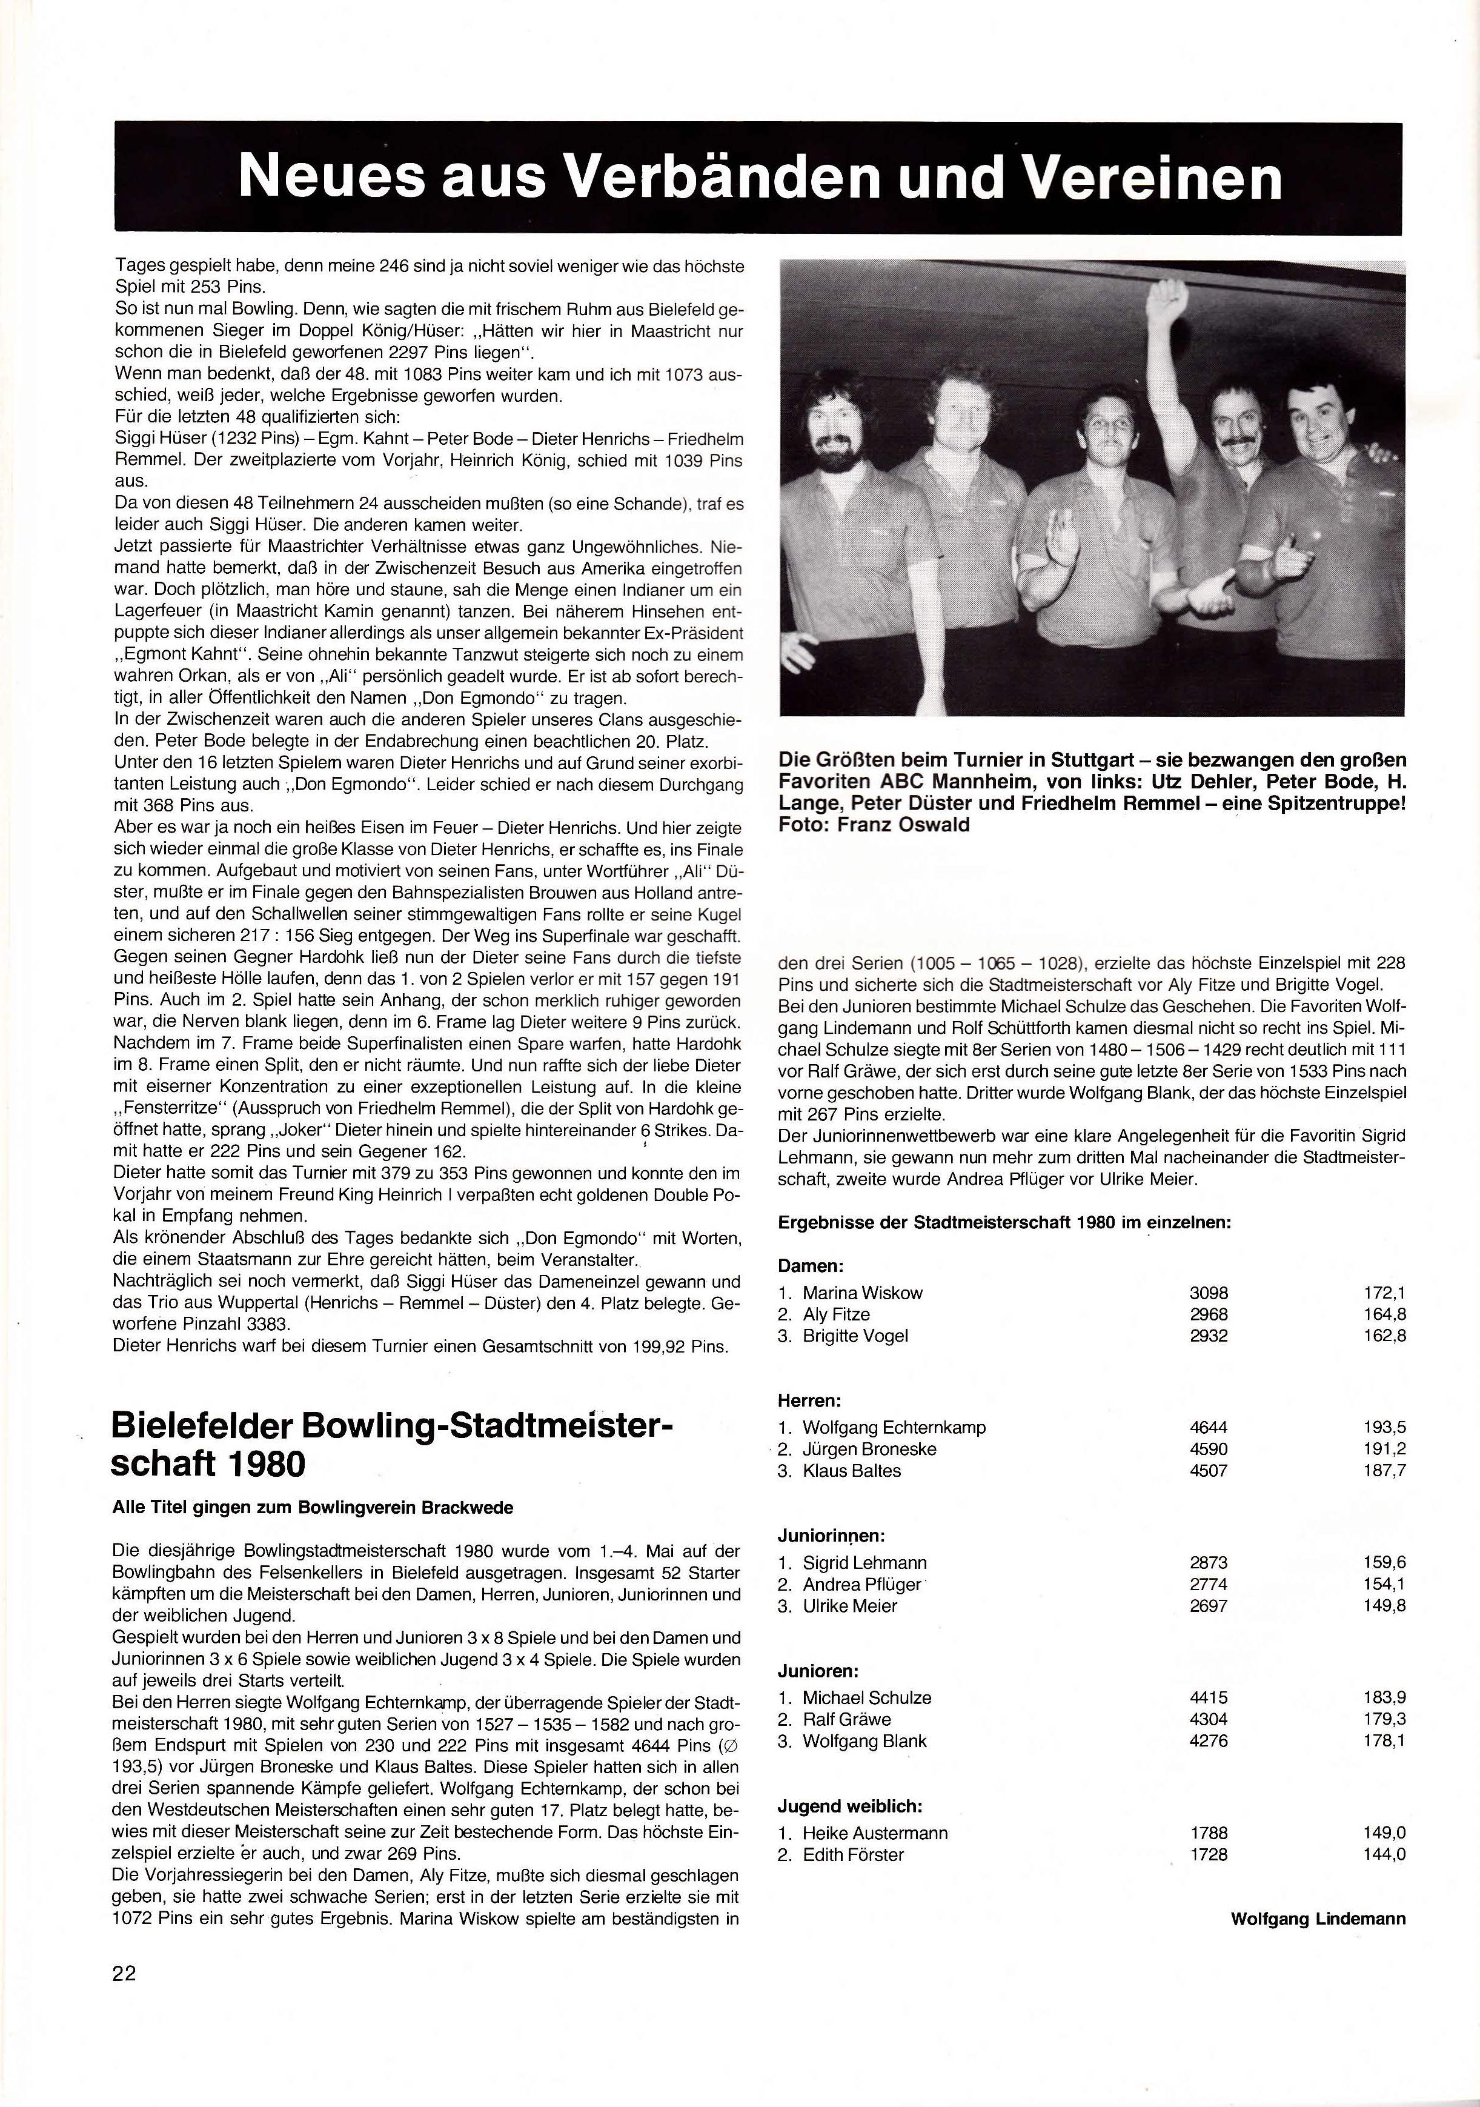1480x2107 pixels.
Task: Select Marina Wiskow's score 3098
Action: [1209, 1292]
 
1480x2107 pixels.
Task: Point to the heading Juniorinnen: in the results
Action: [831, 1536]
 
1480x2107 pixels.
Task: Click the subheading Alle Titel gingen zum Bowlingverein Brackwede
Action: [312, 1507]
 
